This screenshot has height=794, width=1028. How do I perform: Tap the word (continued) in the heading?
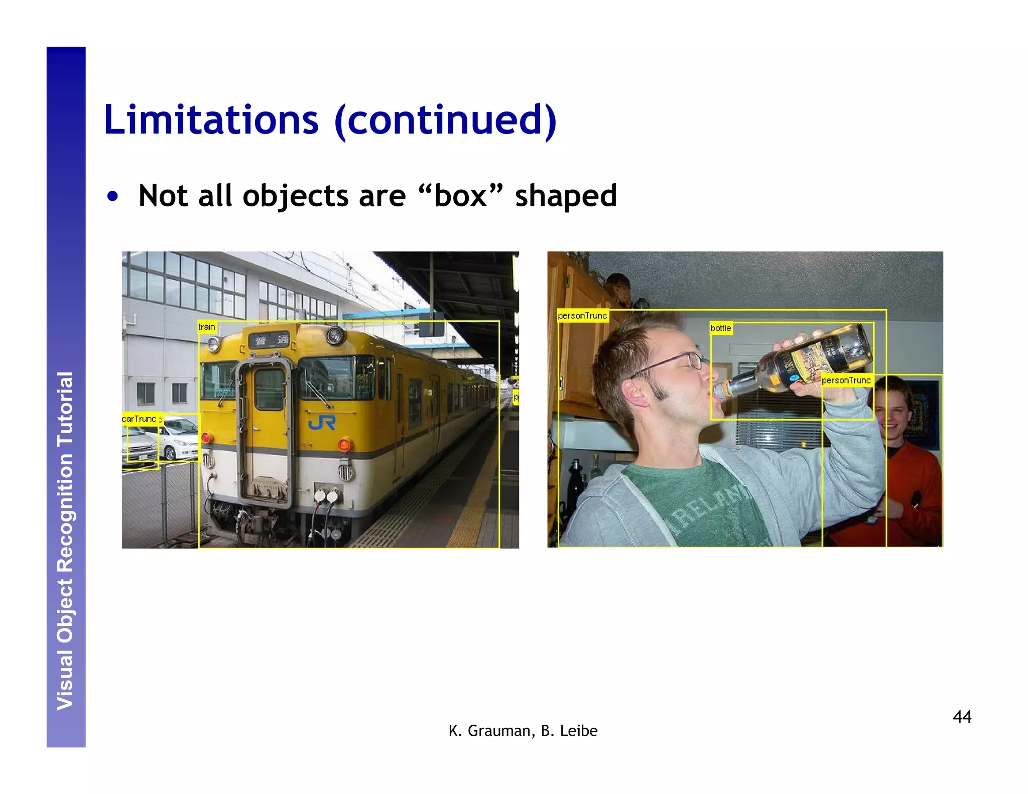point(445,120)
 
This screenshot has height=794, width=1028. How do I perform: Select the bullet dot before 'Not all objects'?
point(113,196)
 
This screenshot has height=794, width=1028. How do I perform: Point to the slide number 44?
point(962,716)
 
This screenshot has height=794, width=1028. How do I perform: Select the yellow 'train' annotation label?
point(207,327)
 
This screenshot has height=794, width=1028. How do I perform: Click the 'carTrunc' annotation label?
point(140,419)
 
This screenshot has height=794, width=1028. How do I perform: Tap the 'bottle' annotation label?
point(720,328)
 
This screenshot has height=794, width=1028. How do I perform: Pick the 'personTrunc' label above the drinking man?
point(582,316)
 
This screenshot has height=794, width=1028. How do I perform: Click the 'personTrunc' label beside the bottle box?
point(846,380)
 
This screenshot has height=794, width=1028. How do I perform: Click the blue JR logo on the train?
point(322,423)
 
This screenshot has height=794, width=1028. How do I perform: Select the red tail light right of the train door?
point(344,444)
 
